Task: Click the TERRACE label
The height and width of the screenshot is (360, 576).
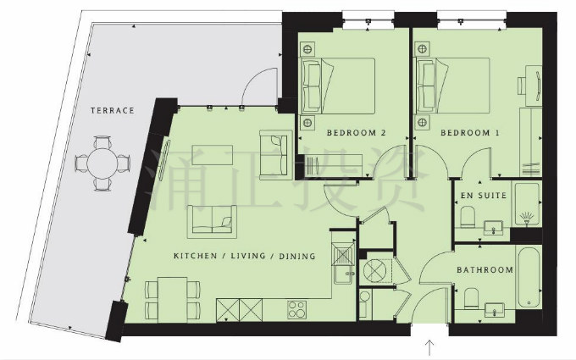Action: [x=113, y=111]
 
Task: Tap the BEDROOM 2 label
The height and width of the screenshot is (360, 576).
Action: [x=357, y=133]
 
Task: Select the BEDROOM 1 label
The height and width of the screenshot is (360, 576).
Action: [x=470, y=133]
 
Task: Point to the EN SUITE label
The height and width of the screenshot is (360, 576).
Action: [x=484, y=196]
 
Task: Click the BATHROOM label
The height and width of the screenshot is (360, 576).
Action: [x=485, y=270]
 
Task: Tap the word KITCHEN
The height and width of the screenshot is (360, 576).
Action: [x=195, y=256]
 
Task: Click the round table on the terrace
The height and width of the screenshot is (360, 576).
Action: [x=102, y=163]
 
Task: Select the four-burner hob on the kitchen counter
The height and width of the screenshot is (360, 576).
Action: [x=296, y=309]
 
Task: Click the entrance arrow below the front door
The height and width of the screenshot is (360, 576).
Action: [x=429, y=347]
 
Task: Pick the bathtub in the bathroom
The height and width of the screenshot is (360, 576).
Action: [x=529, y=278]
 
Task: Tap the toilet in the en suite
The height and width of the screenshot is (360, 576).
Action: [x=468, y=216]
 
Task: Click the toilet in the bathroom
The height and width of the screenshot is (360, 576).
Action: [x=471, y=298]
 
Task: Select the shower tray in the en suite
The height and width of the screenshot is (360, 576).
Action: [x=527, y=204]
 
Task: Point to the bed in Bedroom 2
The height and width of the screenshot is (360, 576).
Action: [x=338, y=86]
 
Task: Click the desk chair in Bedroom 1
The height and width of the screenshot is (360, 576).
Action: [x=523, y=86]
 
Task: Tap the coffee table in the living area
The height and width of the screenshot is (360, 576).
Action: [x=213, y=155]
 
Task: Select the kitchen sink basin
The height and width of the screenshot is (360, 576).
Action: [x=343, y=254]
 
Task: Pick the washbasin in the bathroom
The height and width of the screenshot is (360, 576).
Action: [x=495, y=311]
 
